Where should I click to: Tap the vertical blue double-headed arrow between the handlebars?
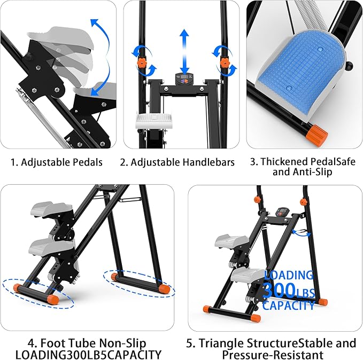click(184, 51)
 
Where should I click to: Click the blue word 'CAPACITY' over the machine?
click(289, 306)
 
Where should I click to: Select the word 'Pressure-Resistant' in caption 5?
click(272, 354)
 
